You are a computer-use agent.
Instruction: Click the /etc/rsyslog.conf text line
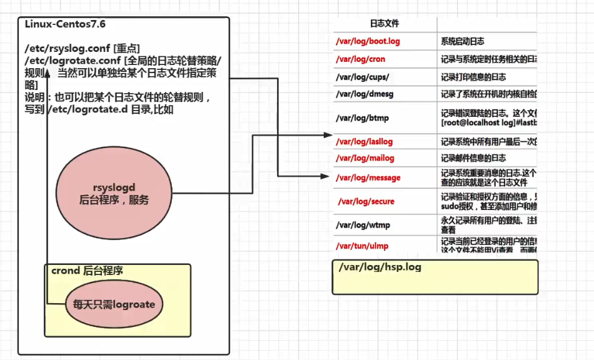[x=82, y=48]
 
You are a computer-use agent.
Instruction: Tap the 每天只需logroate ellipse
[x=114, y=304]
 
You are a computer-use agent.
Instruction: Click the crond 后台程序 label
[x=87, y=271]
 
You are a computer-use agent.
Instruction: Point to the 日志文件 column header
[x=385, y=24]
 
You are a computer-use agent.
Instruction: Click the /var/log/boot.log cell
[x=368, y=41]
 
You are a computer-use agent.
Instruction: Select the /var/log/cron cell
[x=361, y=59]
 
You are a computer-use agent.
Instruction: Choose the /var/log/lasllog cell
[x=365, y=142]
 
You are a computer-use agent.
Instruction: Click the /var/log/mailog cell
[x=365, y=158]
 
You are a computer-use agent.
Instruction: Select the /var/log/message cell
[x=368, y=177]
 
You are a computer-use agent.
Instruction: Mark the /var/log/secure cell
[x=366, y=201]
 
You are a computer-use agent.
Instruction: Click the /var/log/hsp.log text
[x=380, y=267]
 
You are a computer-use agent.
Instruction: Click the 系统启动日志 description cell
[x=462, y=41]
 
